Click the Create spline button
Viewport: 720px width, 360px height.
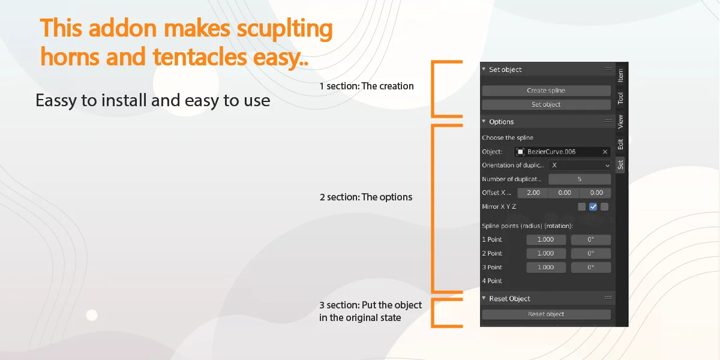[x=546, y=91]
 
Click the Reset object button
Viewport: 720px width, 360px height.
[x=546, y=314]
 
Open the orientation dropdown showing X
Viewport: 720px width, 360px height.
[x=580, y=165]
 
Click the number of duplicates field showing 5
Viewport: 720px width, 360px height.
[x=580, y=179]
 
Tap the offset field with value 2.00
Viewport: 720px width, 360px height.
[x=533, y=193]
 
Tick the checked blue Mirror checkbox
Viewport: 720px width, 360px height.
[x=593, y=207]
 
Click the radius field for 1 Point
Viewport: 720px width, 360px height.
[x=546, y=239]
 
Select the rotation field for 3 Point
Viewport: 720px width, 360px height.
[x=591, y=268]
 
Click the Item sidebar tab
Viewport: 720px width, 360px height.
[x=620, y=75]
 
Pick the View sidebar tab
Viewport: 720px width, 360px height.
[x=620, y=122]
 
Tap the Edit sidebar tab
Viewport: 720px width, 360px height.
[x=620, y=145]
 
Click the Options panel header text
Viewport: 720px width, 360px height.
[x=501, y=122]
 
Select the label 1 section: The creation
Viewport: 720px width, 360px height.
[x=366, y=86]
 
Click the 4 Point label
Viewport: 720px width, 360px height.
[x=492, y=281]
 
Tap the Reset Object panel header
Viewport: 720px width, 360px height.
[x=509, y=298]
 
